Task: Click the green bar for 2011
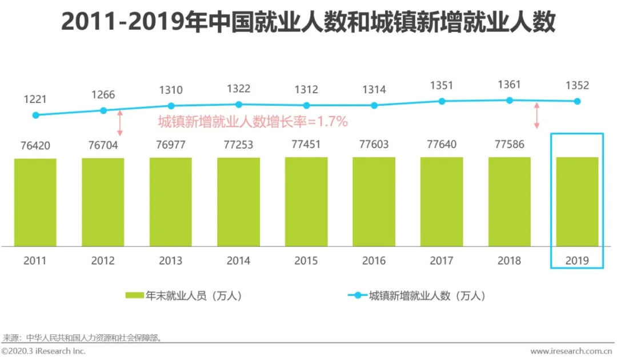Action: point(35,202)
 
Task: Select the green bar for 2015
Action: point(306,202)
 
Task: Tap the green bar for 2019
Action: point(577,202)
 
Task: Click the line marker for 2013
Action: point(171,106)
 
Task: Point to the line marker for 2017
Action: point(442,101)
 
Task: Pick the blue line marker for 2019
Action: point(577,101)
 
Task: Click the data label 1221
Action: point(35,99)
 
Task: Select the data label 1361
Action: point(509,85)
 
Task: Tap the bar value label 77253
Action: point(238,145)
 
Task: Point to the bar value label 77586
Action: point(509,145)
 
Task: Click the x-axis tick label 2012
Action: point(103,261)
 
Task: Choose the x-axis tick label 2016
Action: point(374,261)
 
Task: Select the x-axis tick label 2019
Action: point(577,261)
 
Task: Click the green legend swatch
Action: point(134,295)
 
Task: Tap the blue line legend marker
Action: point(358,295)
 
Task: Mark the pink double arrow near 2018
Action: point(536,115)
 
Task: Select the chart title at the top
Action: point(308,23)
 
